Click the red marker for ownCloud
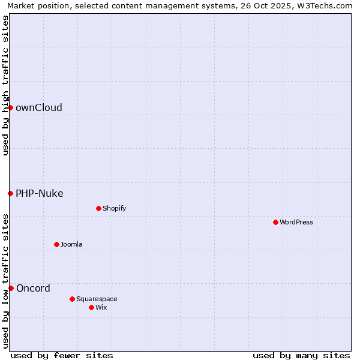pyautogui.click(x=10, y=107)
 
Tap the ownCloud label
pyautogui.click(x=39, y=108)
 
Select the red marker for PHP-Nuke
pyautogui.click(x=10, y=193)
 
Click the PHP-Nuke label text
pyautogui.click(x=40, y=194)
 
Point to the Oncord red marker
pyautogui.click(x=11, y=288)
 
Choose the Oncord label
pyautogui.click(x=33, y=289)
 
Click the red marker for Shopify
pyautogui.click(x=98, y=208)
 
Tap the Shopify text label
pyautogui.click(x=115, y=209)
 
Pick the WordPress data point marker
pyautogui.click(x=275, y=222)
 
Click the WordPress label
pyautogui.click(x=296, y=223)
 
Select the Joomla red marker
pyautogui.click(x=56, y=244)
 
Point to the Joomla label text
pyautogui.click(x=71, y=245)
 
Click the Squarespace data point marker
pyautogui.click(x=72, y=299)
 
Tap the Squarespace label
pyautogui.click(x=97, y=299)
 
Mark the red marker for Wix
pyautogui.click(x=91, y=307)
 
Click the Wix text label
pyautogui.click(x=101, y=308)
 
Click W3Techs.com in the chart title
pyautogui.click(x=327, y=6)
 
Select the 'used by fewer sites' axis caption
pyautogui.click(x=62, y=355)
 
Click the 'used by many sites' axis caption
pyautogui.click(x=301, y=355)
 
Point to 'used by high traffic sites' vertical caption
pyautogui.click(x=5, y=85)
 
